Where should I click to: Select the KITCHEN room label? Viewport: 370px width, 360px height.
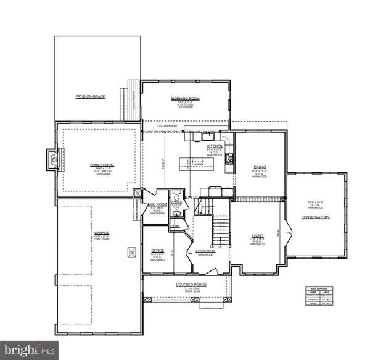pos(214,146)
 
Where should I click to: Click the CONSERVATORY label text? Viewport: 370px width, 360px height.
pos(316,217)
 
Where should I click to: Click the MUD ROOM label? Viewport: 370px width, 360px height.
pos(157,204)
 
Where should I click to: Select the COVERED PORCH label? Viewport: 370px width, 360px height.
pos(189,285)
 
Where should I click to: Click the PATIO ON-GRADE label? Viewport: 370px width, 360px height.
pos(86,97)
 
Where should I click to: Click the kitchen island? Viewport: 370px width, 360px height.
pos(199,164)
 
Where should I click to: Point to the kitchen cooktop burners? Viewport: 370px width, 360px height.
pos(230,159)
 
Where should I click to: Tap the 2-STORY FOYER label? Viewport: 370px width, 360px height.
pos(203,251)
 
